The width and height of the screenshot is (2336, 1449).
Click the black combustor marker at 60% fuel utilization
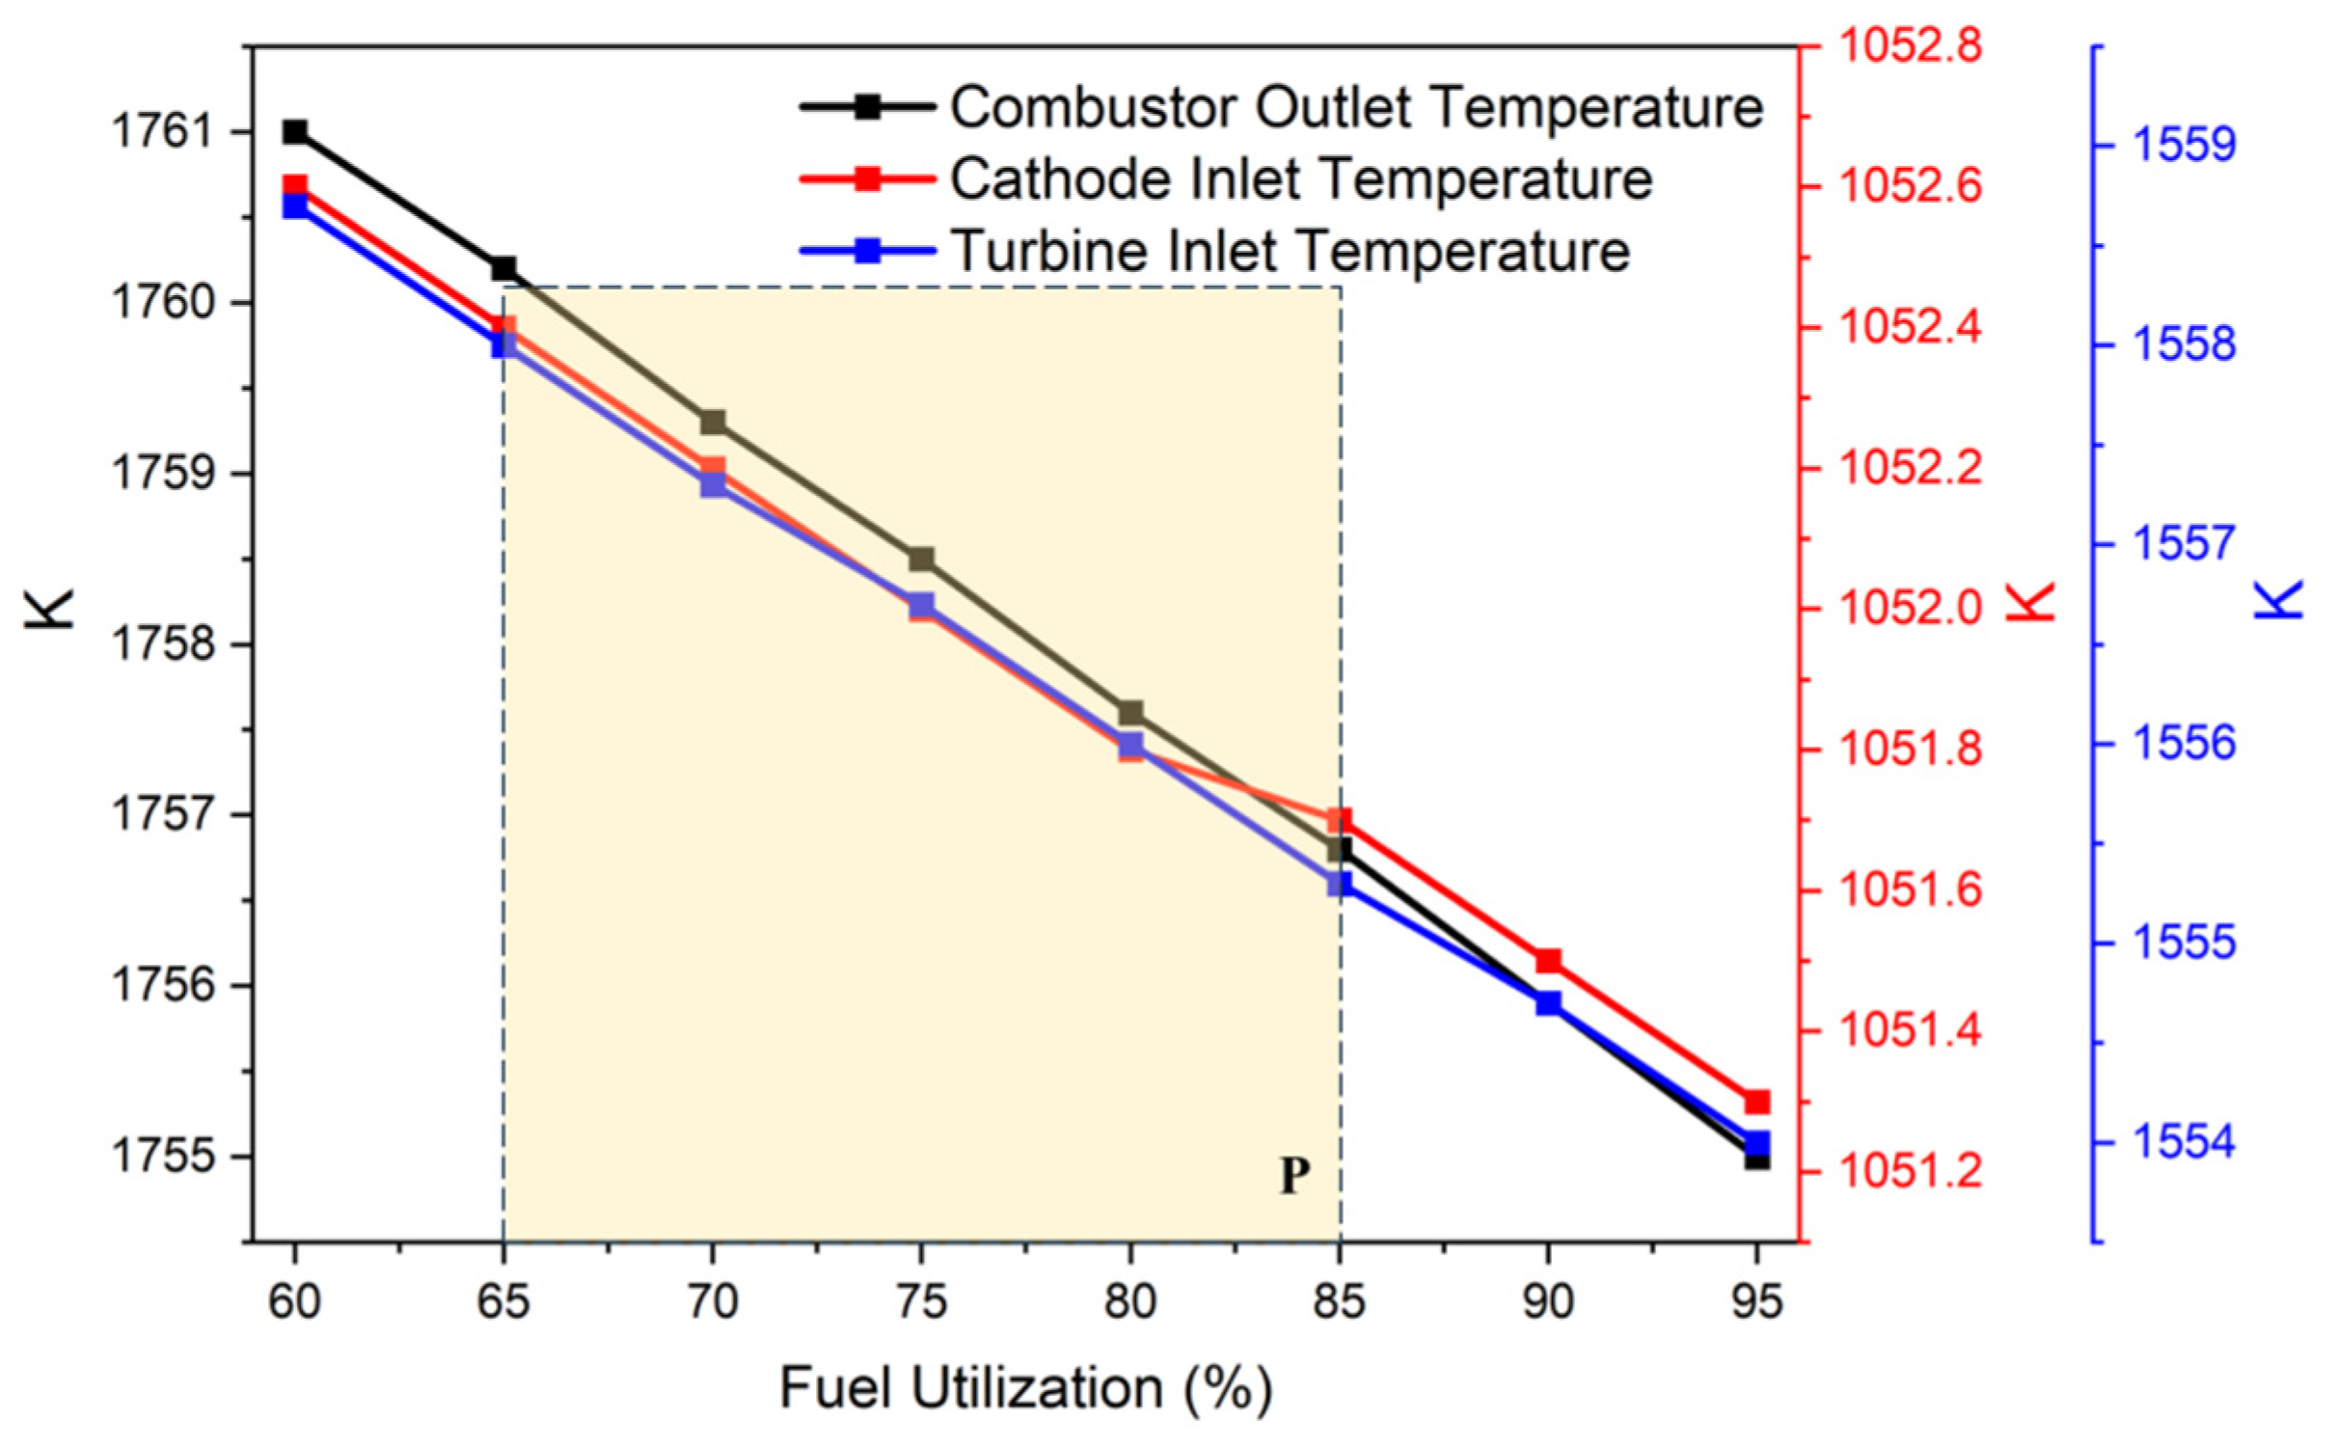(295, 132)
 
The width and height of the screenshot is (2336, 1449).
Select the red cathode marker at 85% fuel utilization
(1340, 821)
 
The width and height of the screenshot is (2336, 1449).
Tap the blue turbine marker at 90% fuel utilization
(1548, 1004)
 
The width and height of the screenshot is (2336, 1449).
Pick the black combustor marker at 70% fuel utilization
(713, 423)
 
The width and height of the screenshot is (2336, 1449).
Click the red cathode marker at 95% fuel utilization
(1757, 1102)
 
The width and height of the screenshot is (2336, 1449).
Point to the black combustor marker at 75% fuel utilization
(921, 560)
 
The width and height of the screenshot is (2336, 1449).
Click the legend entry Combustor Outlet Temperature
(1356, 106)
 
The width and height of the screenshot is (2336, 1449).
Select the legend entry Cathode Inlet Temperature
(1301, 178)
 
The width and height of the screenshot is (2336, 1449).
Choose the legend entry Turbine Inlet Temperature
(1290, 251)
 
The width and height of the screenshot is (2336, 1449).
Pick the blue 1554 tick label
(2184, 1142)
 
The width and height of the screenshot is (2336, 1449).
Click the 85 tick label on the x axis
(1340, 1303)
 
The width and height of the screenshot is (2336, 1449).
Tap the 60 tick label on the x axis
(295, 1303)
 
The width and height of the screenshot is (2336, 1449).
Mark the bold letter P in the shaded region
(1294, 1176)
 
